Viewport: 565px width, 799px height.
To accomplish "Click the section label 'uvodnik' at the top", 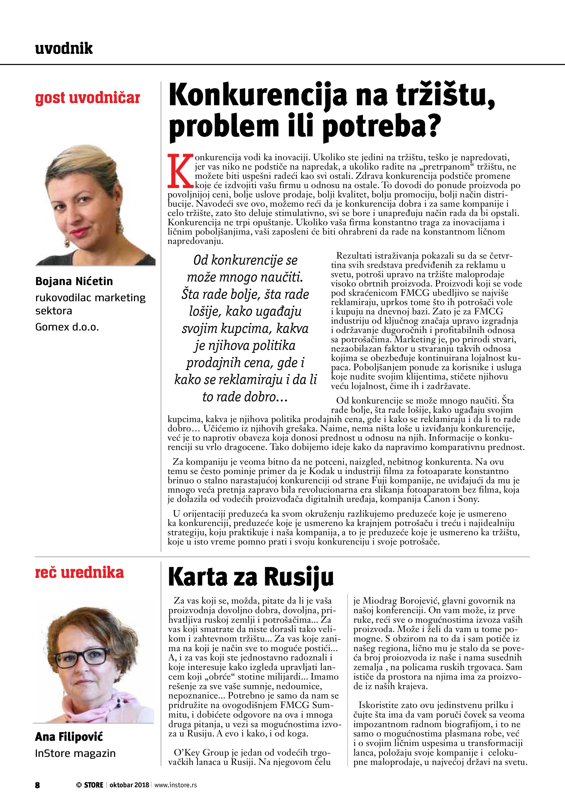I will [64, 48].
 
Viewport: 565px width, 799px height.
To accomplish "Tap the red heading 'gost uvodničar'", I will [87, 98].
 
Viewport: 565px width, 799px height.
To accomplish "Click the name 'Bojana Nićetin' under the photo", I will [74, 281].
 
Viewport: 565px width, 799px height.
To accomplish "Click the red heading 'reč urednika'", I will [79, 572].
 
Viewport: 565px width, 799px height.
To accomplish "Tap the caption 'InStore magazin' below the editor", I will [75, 753].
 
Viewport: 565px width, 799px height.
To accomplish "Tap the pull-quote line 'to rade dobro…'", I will [245, 397].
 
